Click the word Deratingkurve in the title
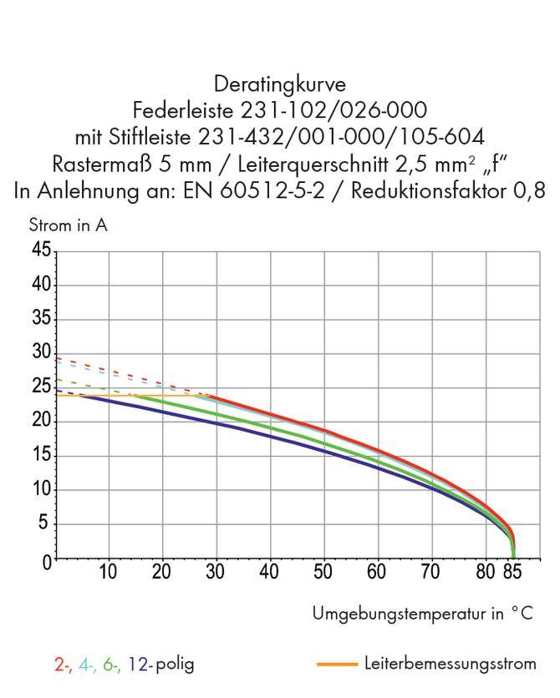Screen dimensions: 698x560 point(279,84)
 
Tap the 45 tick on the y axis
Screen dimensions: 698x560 point(41,250)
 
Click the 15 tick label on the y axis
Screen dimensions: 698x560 point(41,456)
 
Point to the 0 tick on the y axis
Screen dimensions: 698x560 point(46,559)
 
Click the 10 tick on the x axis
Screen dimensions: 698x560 point(108,572)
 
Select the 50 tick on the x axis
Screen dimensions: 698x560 point(323,572)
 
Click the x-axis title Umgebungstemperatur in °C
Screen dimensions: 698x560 point(422,614)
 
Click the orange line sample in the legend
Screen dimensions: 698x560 point(338,665)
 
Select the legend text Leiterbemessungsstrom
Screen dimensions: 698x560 point(450,664)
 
